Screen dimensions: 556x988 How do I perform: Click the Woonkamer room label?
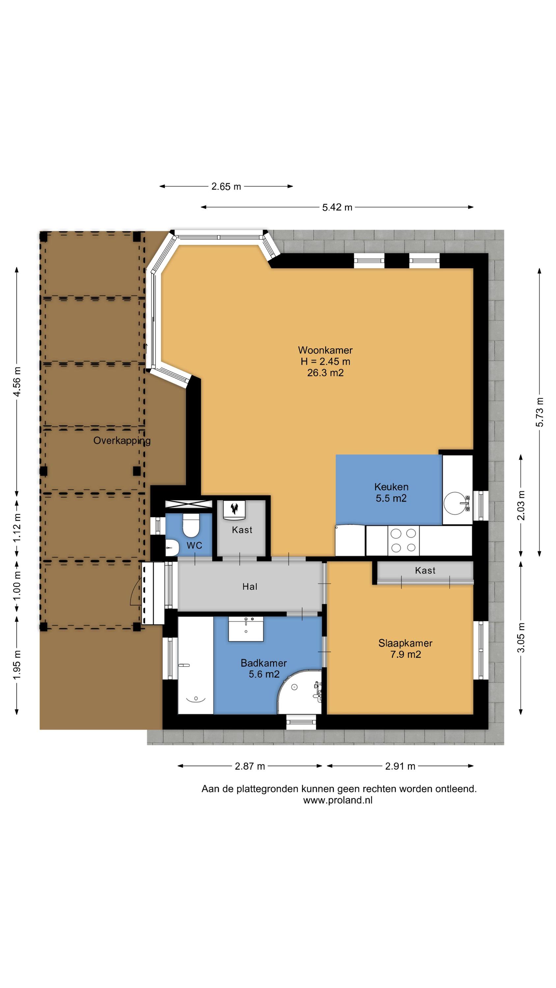coord(325,350)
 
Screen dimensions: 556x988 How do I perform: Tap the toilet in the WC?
coord(190,525)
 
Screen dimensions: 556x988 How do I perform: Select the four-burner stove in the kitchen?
coord(403,540)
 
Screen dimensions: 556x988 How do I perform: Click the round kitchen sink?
coord(457,503)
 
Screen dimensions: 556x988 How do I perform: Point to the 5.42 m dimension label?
coord(337,207)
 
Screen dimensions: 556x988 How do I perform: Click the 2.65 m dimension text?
coord(226,186)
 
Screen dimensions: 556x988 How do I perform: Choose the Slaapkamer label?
coord(405,643)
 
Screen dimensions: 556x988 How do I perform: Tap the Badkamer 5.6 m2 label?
coord(264,669)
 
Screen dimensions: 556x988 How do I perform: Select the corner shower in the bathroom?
coord(300,692)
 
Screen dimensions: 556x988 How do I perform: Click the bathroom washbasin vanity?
coord(246,629)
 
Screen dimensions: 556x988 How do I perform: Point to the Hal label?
coord(250,587)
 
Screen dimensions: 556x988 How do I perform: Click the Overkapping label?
coord(122,441)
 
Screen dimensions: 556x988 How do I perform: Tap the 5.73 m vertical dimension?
coord(540,412)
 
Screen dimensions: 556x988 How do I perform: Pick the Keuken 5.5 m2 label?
coord(391,492)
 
